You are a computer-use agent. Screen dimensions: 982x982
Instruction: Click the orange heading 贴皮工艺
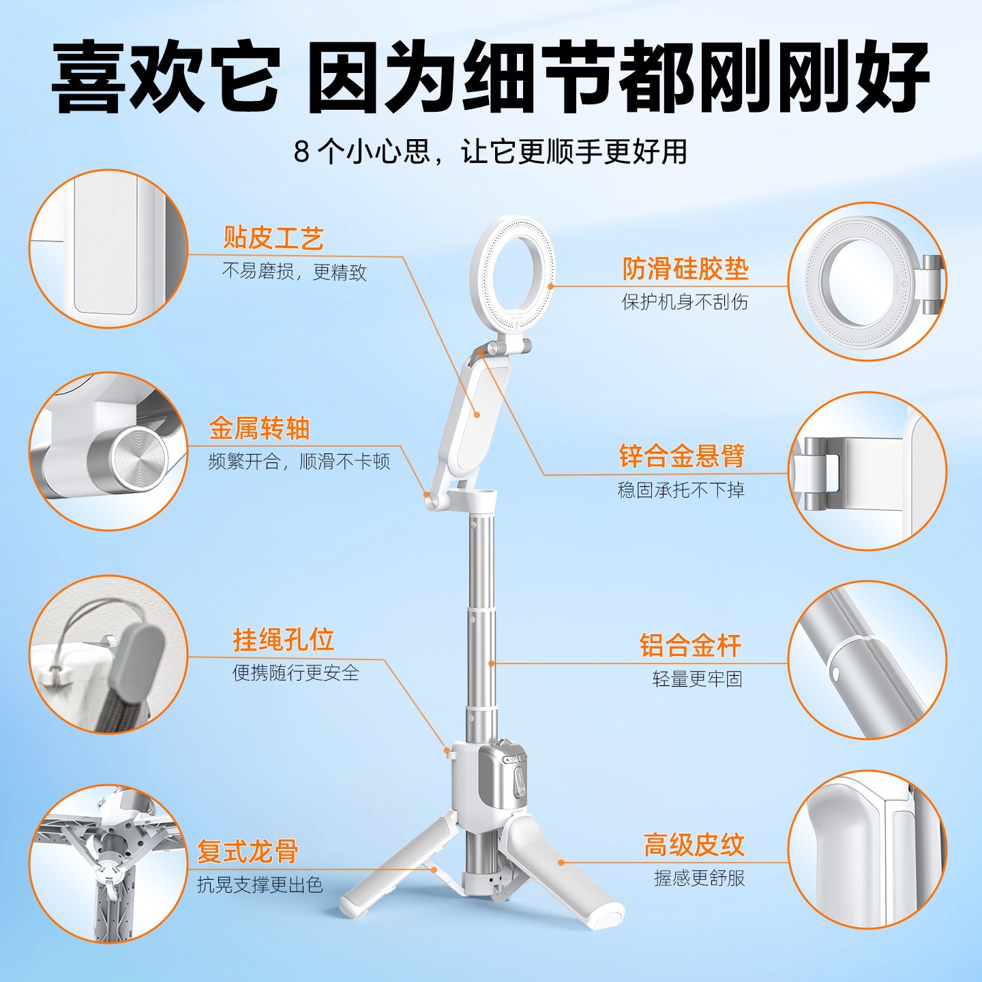pyautogui.click(x=273, y=238)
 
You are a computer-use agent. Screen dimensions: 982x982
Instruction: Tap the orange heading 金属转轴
pyautogui.click(x=259, y=428)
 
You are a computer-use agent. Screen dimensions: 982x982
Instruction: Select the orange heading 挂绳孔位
pyautogui.click(x=283, y=640)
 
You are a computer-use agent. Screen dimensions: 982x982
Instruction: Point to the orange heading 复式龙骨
pyautogui.click(x=248, y=852)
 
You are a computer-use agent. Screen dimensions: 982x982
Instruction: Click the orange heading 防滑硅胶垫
pyautogui.click(x=685, y=269)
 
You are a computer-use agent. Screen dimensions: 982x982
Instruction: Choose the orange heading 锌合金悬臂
pyautogui.click(x=682, y=456)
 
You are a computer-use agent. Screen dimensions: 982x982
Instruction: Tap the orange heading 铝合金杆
pyautogui.click(x=691, y=646)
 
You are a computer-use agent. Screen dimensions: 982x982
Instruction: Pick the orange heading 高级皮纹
pyautogui.click(x=694, y=845)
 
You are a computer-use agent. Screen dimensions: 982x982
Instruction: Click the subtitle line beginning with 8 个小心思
pyautogui.click(x=490, y=151)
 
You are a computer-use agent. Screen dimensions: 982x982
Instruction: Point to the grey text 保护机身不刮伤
pyautogui.click(x=685, y=302)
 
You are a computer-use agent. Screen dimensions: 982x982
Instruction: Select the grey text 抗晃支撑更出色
pyautogui.click(x=260, y=885)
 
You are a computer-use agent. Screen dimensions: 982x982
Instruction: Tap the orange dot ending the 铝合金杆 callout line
pyautogui.click(x=491, y=663)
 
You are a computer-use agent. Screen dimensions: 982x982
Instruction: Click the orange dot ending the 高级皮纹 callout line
pyautogui.click(x=561, y=862)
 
